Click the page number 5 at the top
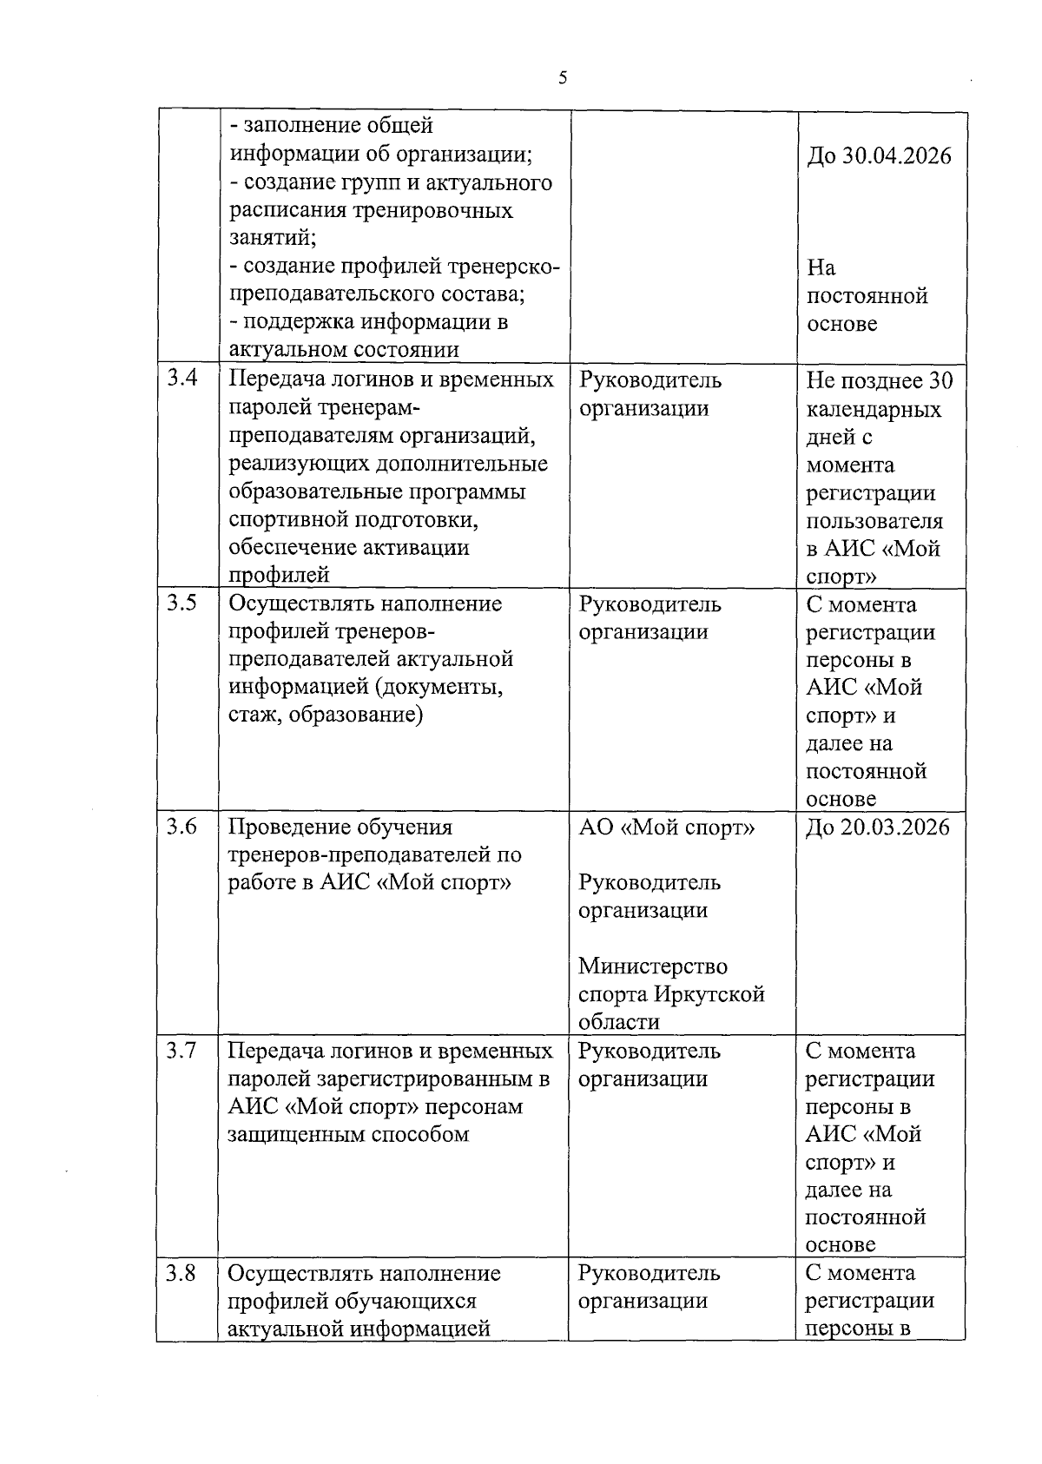pyautogui.click(x=563, y=79)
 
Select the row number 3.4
pyautogui.click(x=181, y=379)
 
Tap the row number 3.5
pyautogui.click(x=181, y=603)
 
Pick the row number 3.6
pyautogui.click(x=181, y=826)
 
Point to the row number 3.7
pyautogui.click(x=181, y=1050)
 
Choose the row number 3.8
pyautogui.click(x=181, y=1273)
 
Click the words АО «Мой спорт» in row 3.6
pyautogui.click(x=667, y=827)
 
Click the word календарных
pyautogui.click(x=874, y=409)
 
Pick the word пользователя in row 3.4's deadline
pyautogui.click(x=874, y=521)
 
